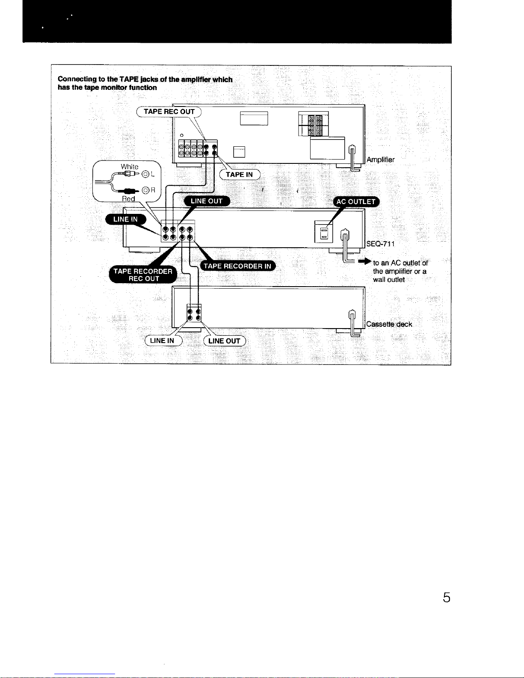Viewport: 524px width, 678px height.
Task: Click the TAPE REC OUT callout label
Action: (x=169, y=112)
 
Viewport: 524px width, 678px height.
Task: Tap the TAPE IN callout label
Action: (x=240, y=175)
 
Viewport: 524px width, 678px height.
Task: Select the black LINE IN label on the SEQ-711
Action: (x=125, y=219)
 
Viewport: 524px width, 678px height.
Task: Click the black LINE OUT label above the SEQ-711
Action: (x=207, y=201)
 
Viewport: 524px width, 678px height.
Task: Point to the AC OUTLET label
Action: (x=356, y=201)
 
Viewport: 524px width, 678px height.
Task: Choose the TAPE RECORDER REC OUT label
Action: (x=143, y=275)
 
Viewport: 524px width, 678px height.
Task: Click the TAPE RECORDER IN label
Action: (x=237, y=266)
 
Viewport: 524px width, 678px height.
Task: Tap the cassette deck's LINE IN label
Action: (x=163, y=340)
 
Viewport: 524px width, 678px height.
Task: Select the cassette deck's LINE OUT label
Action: (x=225, y=341)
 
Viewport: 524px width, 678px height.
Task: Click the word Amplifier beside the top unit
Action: (x=380, y=160)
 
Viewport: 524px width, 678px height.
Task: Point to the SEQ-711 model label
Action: (x=380, y=244)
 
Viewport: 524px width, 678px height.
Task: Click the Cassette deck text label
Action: (x=389, y=324)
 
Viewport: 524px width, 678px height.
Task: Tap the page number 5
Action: (x=446, y=597)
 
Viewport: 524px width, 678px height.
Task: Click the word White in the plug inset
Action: (x=130, y=166)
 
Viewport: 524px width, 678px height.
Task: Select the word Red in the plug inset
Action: (x=128, y=199)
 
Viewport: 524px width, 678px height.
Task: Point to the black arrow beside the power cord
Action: (x=364, y=261)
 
